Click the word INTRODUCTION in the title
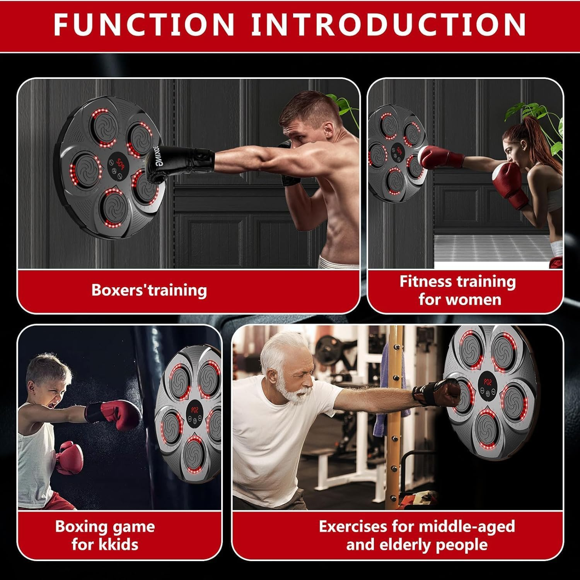point(388,24)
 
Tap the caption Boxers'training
point(149,290)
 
